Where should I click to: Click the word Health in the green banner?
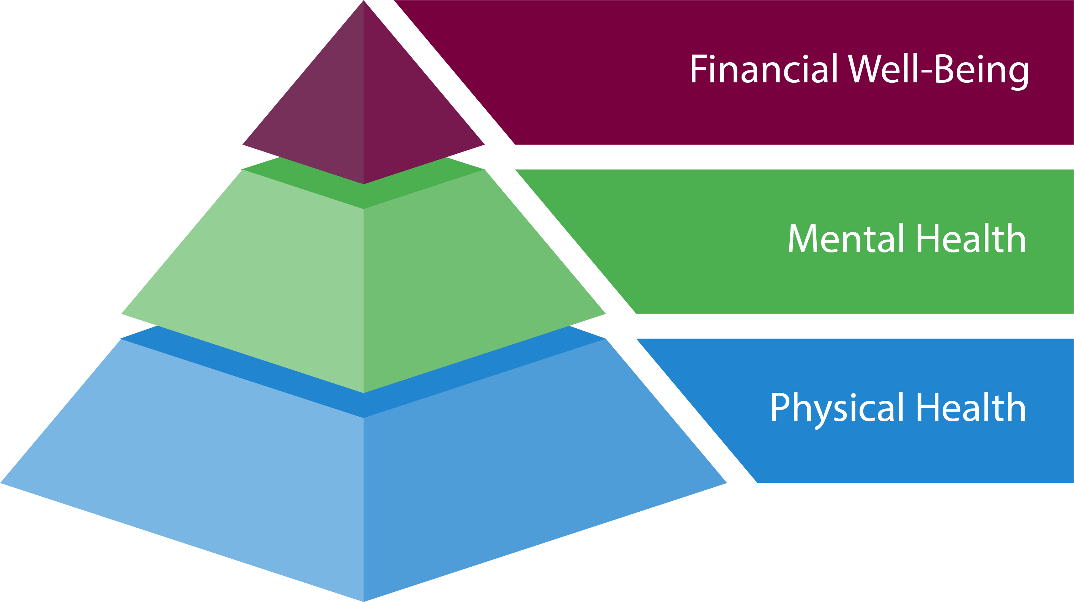point(971,238)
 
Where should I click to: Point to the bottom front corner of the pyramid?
point(364,599)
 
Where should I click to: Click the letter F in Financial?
point(699,69)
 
